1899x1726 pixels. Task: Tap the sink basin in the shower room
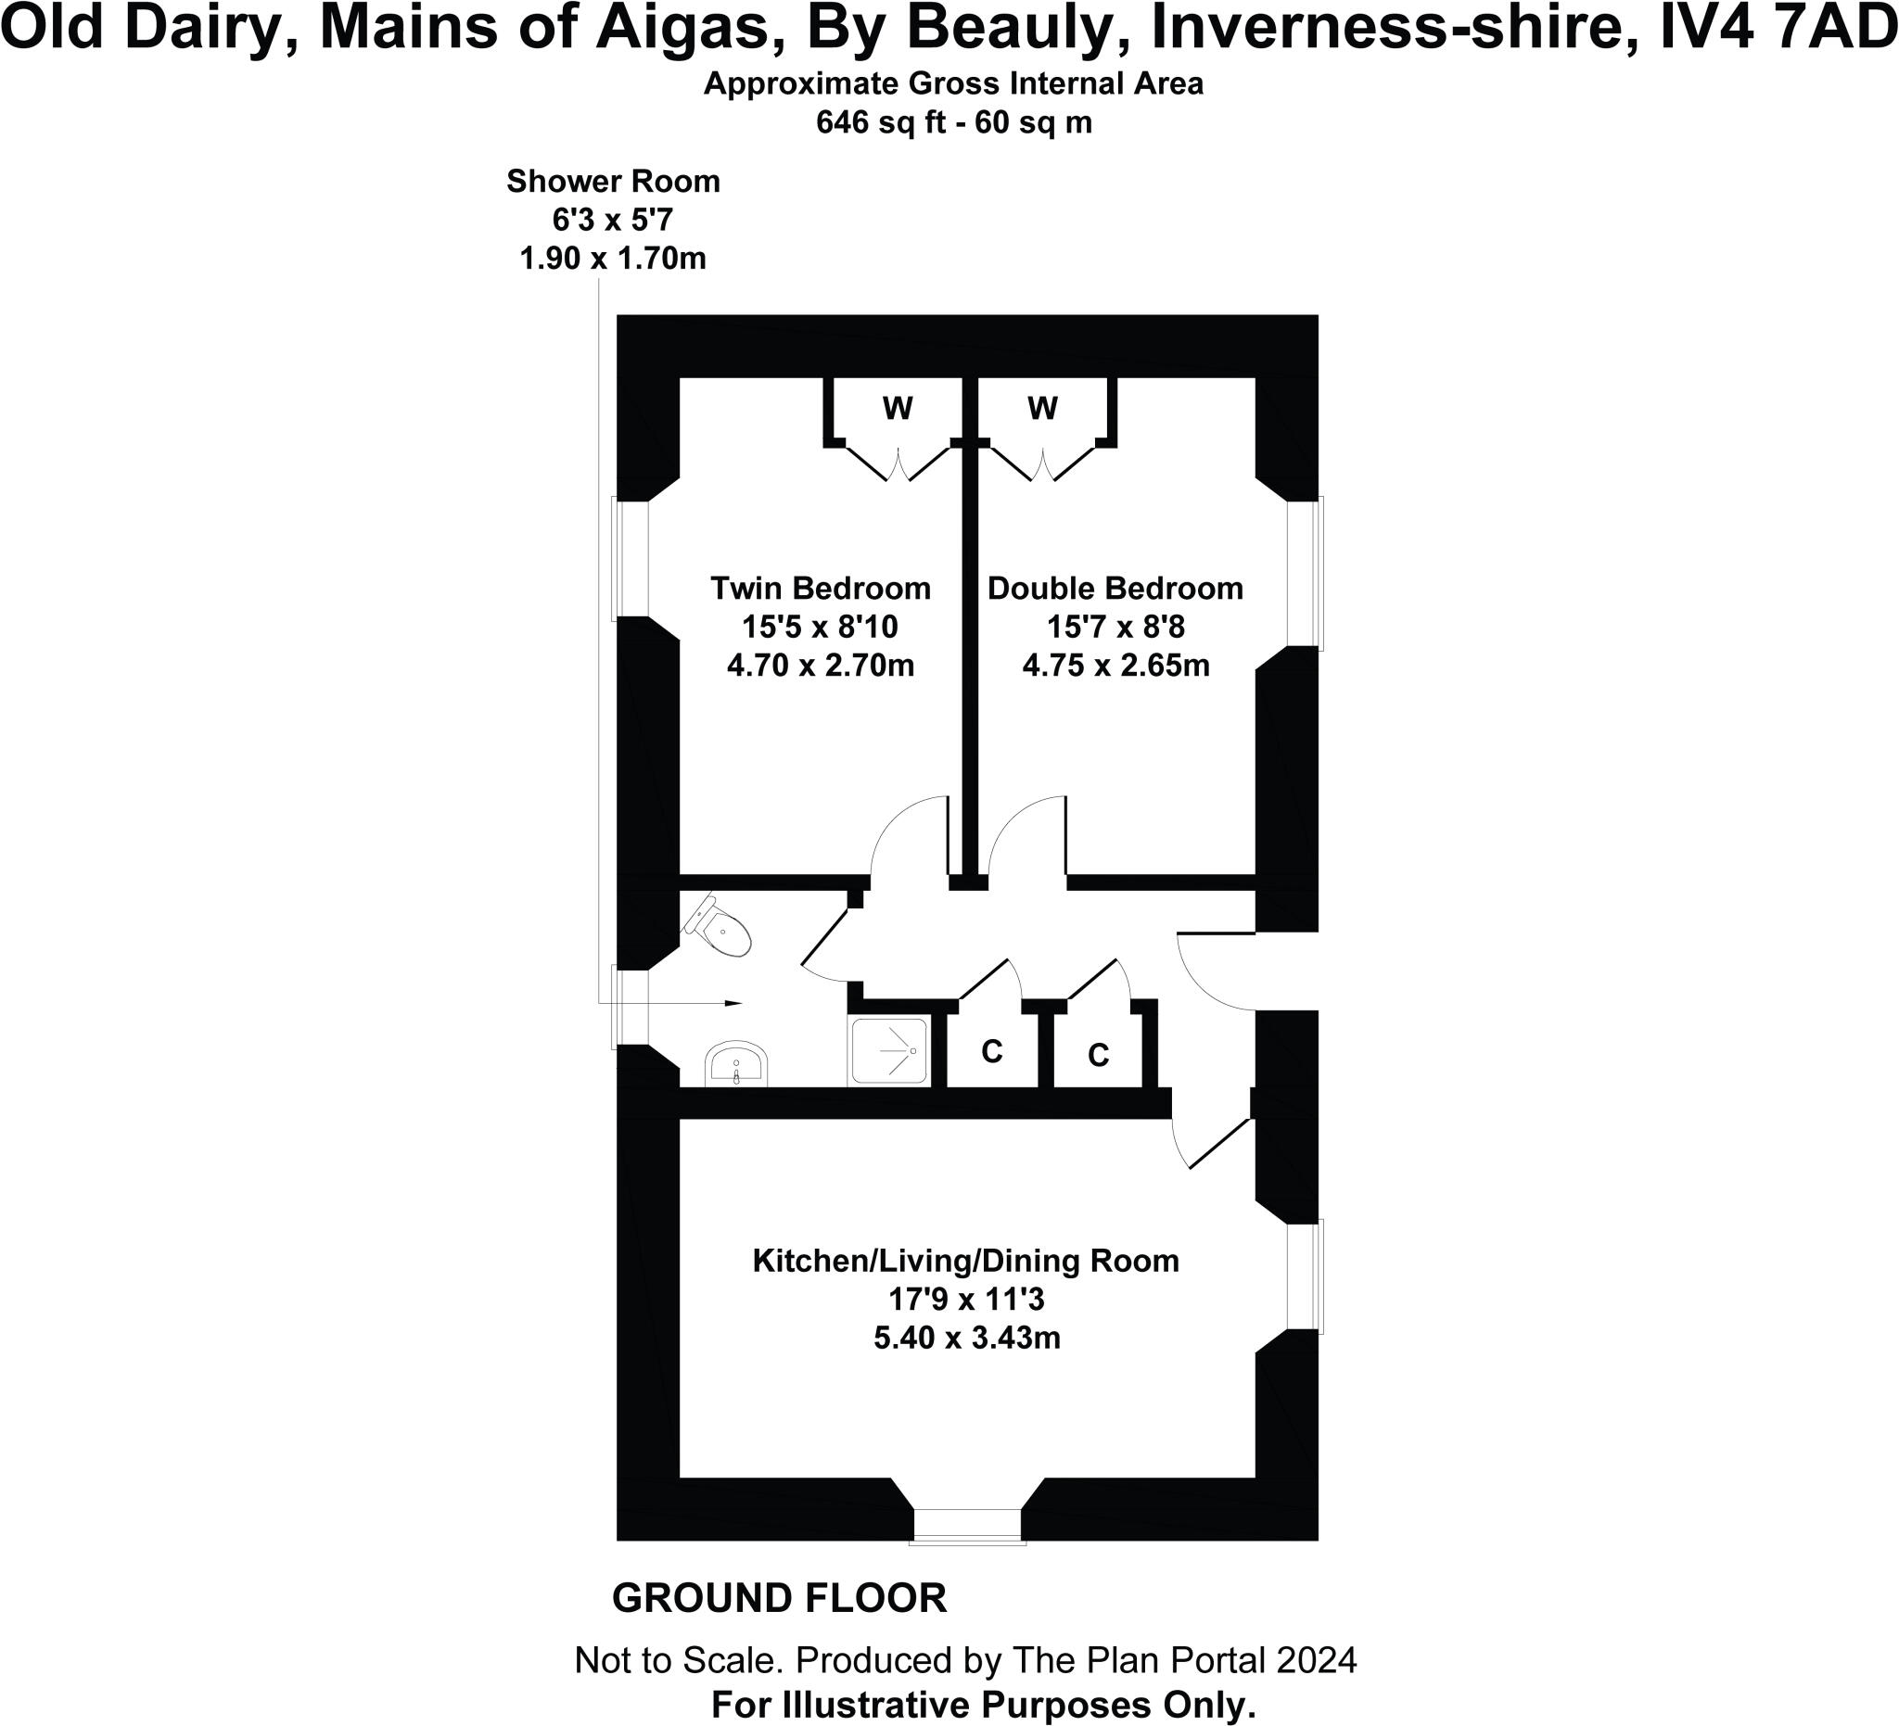[736, 1065]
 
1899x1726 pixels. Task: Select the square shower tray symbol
[888, 1050]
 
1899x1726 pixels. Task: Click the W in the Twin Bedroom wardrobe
[898, 409]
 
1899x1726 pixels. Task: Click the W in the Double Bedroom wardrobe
[1043, 409]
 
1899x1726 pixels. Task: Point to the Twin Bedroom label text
[820, 589]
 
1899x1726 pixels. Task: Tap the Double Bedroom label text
[1115, 589]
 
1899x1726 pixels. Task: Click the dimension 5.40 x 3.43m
[966, 1338]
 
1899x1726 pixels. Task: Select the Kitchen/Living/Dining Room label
[965, 1261]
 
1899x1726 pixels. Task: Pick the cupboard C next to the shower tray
[992, 1051]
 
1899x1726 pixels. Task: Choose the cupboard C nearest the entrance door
[1099, 1056]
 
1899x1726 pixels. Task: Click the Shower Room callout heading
[613, 181]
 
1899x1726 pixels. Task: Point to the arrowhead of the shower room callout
[733, 1003]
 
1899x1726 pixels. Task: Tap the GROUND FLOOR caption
[779, 1599]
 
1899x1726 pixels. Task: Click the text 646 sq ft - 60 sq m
[953, 122]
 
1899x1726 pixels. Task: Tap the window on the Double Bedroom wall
[1306, 573]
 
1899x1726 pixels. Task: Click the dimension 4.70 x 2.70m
[820, 666]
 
